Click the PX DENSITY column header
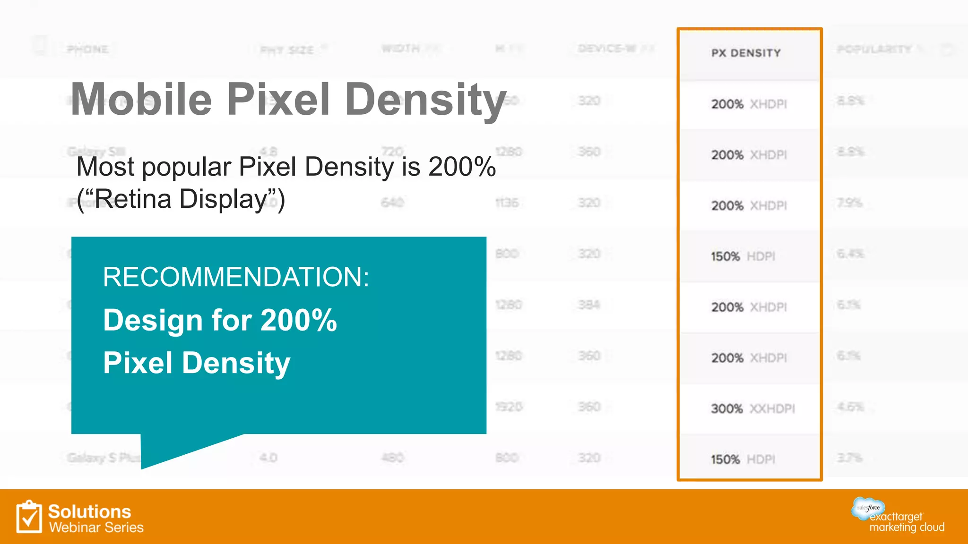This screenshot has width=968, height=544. coord(746,53)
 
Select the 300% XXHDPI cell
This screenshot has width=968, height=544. coord(752,408)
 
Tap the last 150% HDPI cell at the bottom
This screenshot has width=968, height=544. coord(743,459)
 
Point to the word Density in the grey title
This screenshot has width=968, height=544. coord(425,100)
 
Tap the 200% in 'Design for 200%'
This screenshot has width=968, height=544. coord(299,320)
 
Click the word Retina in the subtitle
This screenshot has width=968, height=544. coord(133,199)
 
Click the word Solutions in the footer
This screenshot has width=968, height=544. coord(89,511)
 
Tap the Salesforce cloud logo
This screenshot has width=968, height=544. coord(868,508)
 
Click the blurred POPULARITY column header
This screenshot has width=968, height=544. coord(874,49)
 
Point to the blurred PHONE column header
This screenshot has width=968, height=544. coord(87,49)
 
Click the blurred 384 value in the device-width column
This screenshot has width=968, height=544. coord(589,305)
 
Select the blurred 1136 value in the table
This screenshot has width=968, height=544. coord(507,203)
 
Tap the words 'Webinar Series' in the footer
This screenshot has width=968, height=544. coord(96,527)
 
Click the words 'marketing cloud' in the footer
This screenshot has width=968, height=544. coord(907,527)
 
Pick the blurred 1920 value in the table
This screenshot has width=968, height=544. coord(509,407)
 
